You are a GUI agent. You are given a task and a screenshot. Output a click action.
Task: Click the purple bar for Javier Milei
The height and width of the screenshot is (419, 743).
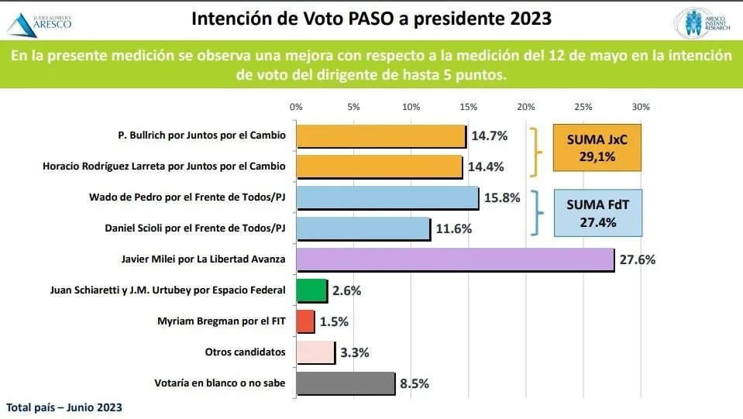pos(455,259)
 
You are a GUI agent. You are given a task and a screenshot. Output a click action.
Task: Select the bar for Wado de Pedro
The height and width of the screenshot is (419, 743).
pos(387,197)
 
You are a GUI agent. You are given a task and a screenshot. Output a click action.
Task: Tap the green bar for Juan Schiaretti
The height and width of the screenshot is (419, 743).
pos(311,290)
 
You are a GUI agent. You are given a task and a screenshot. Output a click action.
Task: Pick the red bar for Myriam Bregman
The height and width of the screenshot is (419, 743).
pos(305,321)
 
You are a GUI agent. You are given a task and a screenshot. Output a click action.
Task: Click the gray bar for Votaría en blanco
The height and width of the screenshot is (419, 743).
pos(346,383)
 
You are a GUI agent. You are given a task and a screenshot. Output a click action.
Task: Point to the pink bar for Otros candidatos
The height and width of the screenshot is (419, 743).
pos(315,352)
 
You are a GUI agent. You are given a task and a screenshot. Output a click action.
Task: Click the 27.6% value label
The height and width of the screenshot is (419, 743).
pos(638,259)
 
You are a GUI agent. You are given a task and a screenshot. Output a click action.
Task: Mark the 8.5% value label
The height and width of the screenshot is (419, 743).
pos(414,383)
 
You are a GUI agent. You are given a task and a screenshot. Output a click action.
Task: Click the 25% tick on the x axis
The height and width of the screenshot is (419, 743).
pos(583,107)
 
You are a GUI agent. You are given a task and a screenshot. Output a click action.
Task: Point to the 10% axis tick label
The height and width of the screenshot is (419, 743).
pos(411,107)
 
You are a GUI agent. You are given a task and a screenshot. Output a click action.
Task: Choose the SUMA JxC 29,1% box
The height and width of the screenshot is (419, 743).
pos(597,147)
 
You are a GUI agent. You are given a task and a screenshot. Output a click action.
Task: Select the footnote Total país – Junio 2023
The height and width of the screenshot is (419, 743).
pos(64,407)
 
